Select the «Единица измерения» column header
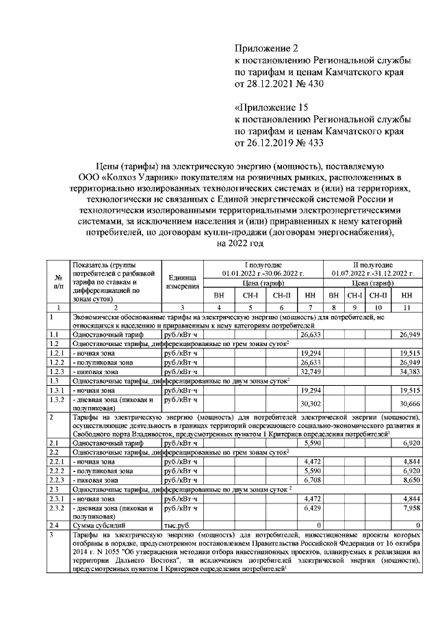tap(182, 281)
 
